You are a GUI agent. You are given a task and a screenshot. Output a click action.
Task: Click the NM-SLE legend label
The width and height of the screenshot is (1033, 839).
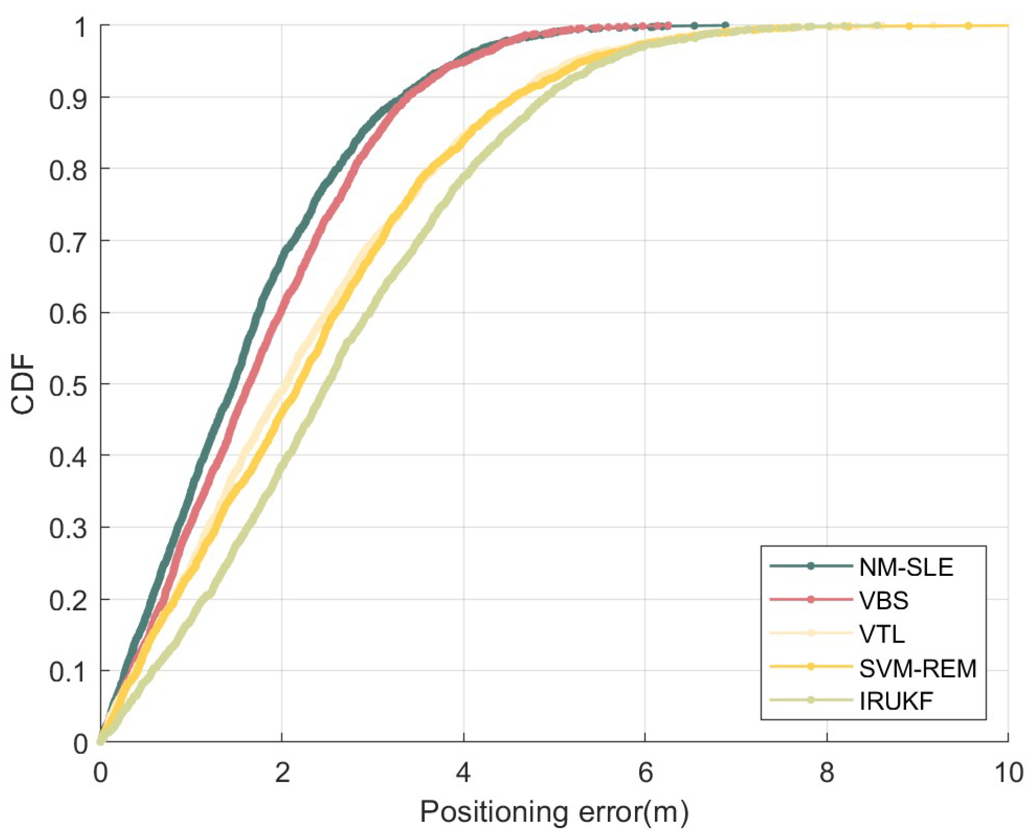906,568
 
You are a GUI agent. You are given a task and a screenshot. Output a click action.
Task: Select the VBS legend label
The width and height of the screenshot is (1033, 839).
884,601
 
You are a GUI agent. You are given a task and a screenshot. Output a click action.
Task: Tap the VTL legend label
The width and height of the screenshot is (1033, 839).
882,634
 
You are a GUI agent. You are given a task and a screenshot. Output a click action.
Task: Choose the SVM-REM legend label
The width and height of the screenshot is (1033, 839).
918,668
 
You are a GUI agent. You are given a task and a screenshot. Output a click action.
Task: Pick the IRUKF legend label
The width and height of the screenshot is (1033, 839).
896,701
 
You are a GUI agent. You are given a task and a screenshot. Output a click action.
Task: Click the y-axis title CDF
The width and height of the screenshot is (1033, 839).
23,384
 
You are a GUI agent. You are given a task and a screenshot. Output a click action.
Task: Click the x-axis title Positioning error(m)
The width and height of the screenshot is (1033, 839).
554,812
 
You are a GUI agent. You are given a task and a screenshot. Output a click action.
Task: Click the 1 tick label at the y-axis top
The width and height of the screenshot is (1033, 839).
81,26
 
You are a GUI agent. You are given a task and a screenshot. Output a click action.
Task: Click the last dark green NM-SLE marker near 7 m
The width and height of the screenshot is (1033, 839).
725,25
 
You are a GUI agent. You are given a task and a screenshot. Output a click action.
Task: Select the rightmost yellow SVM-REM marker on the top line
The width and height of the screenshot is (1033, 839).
968,26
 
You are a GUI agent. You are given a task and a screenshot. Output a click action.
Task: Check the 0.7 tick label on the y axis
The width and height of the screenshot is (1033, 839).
68,242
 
